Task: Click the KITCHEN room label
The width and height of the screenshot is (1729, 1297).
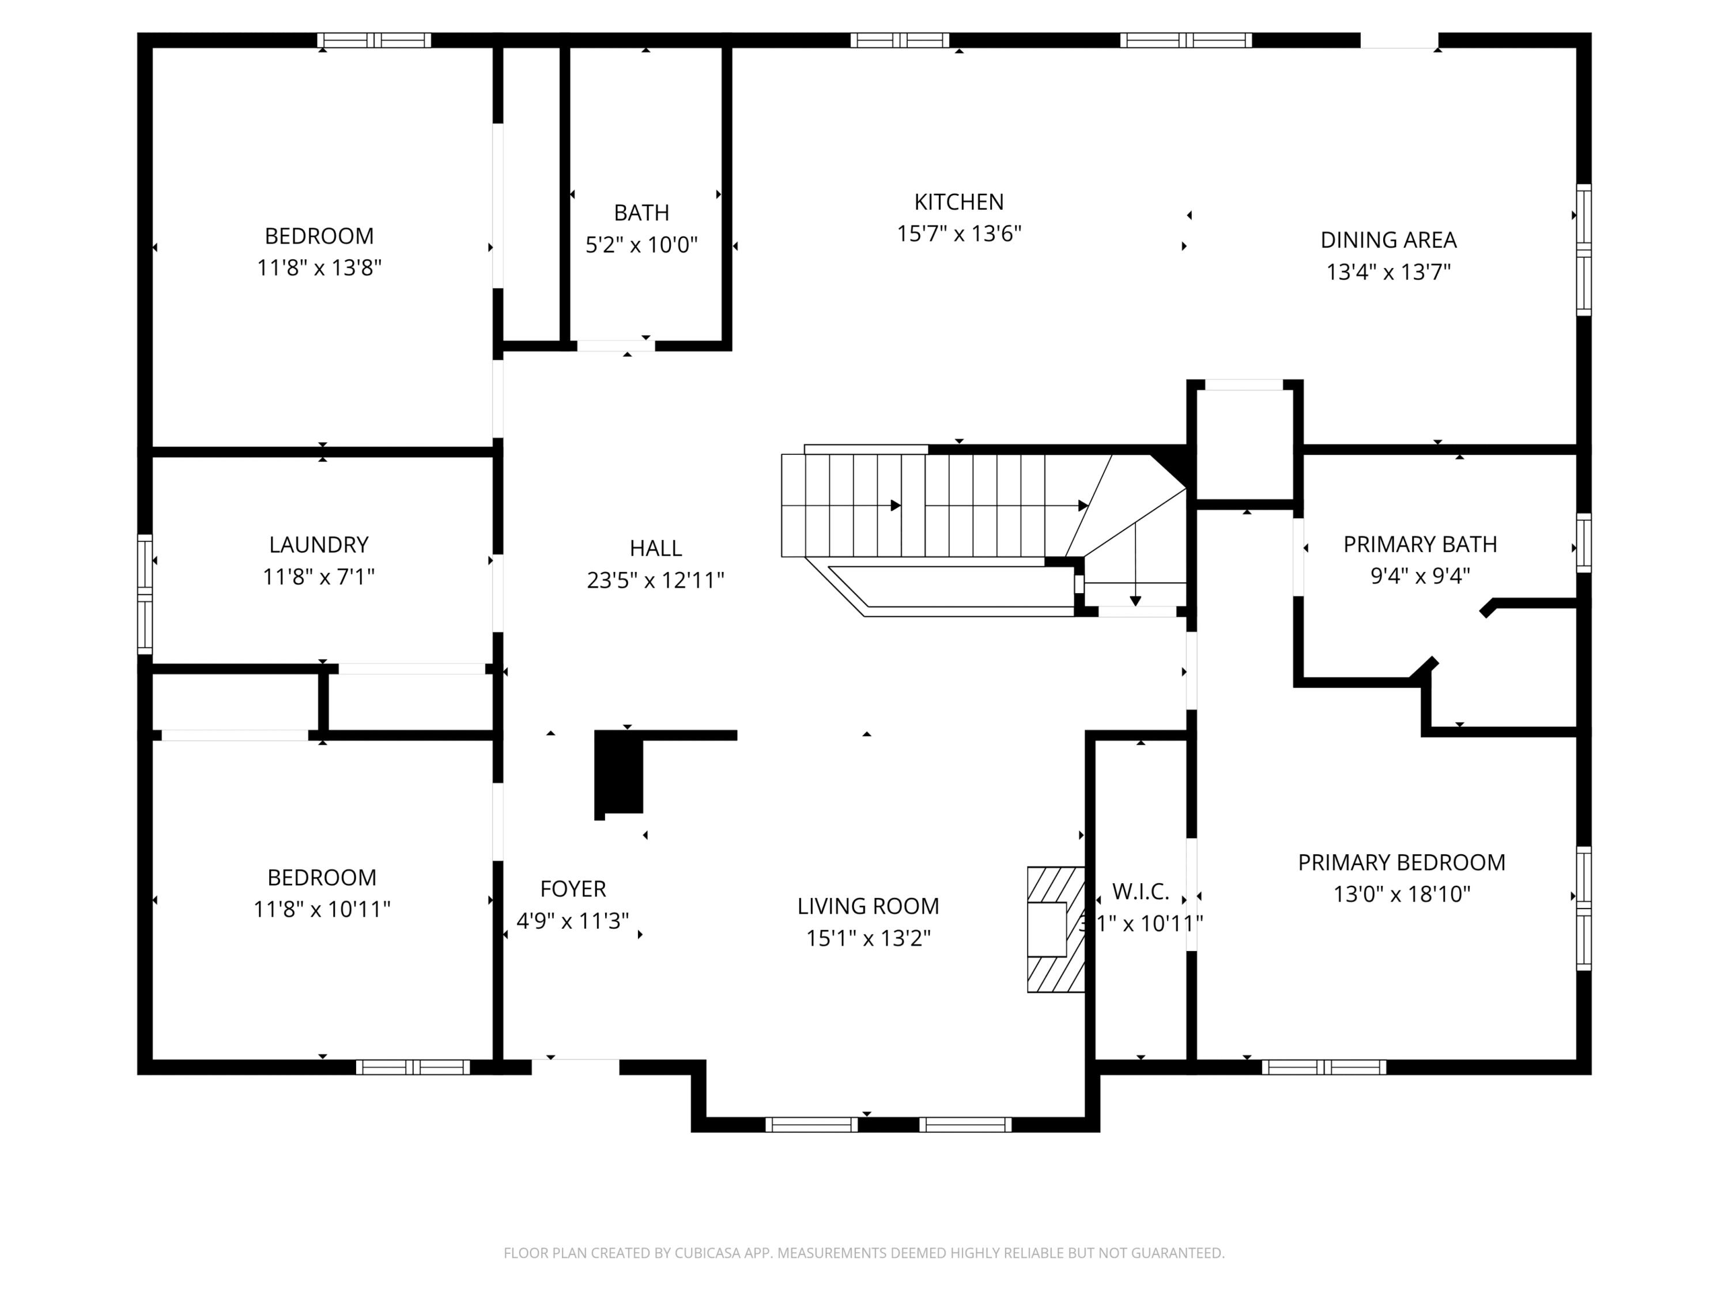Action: tap(958, 202)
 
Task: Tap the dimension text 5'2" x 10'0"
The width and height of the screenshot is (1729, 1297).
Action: tap(641, 246)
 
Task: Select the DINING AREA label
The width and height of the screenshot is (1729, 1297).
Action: tap(1388, 240)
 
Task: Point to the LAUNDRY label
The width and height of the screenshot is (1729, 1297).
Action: tap(319, 545)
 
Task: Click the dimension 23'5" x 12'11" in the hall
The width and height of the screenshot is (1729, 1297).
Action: tap(655, 580)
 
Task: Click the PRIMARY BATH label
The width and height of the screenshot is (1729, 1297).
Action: tap(1420, 544)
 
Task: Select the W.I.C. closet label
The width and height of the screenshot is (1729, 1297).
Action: tap(1141, 891)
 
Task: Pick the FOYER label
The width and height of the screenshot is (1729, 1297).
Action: tap(573, 889)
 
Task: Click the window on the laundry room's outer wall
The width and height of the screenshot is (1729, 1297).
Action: tap(145, 594)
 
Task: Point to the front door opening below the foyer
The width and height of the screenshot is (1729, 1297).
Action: tap(575, 1066)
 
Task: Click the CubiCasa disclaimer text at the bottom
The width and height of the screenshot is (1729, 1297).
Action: tap(864, 1253)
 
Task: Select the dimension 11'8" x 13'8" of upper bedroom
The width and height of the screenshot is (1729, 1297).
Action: tap(319, 268)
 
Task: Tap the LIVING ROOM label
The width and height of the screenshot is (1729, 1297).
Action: tap(867, 906)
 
